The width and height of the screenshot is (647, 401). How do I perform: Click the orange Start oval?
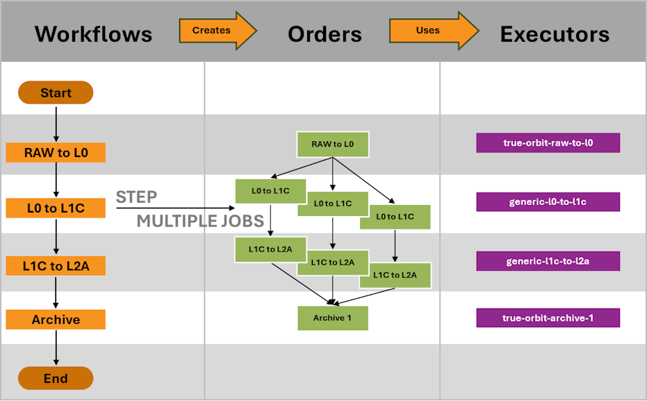point(56,92)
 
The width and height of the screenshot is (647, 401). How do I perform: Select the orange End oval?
point(56,378)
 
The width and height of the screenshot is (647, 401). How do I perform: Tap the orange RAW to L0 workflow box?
point(56,153)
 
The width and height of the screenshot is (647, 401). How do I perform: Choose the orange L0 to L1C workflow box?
point(56,208)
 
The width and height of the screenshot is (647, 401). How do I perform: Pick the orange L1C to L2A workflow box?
point(56,265)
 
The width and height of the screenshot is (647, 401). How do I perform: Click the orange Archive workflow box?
point(56,319)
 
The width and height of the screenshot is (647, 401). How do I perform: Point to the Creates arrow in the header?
point(218,31)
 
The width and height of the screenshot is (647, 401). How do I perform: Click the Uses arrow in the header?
point(434,31)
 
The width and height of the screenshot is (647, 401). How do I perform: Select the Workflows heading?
point(94,34)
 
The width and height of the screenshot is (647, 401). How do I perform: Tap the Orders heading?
point(325,34)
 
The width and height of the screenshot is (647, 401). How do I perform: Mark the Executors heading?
point(555,34)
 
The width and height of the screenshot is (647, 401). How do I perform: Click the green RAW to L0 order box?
point(333,145)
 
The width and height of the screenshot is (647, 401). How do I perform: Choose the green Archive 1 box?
point(333,318)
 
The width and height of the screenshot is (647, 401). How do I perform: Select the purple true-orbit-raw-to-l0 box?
point(548,142)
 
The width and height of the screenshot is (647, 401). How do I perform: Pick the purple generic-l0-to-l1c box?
point(548,202)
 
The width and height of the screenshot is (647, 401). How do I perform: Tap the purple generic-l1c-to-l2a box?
point(548,261)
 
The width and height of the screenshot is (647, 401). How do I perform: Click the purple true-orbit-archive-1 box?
point(548,318)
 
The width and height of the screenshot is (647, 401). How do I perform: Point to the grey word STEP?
point(137,197)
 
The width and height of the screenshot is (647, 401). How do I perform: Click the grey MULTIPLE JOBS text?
point(200,221)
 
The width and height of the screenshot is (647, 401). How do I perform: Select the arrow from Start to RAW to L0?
point(56,123)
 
